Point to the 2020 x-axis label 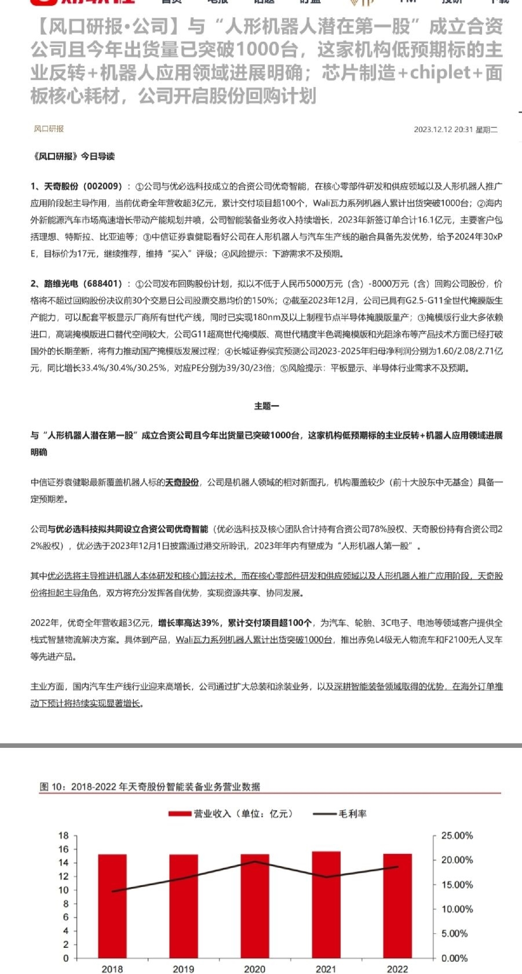[255, 969]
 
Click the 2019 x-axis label [184, 969]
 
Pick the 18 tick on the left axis [64, 835]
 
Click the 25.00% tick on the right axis [457, 835]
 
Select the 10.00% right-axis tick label [457, 909]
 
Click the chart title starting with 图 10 [150, 787]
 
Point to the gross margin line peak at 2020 [255, 862]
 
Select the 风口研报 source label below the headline [49, 129]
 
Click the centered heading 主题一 [267, 406]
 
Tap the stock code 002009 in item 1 [103, 187]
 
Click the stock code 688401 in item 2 [103, 284]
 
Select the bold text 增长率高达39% [189, 623]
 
